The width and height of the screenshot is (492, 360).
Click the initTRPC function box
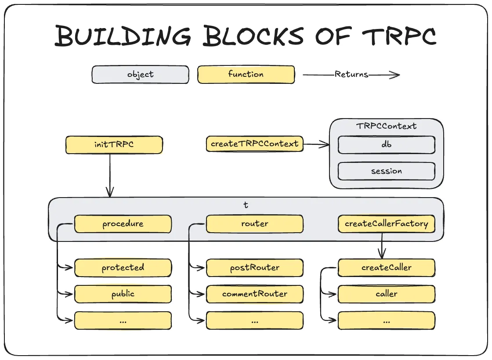(x=114, y=145)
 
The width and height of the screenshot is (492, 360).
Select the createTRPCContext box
(x=255, y=144)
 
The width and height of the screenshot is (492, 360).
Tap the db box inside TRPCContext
(x=387, y=145)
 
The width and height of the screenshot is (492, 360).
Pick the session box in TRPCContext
(x=387, y=171)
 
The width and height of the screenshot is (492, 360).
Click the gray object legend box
(x=141, y=75)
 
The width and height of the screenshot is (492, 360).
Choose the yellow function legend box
(x=246, y=75)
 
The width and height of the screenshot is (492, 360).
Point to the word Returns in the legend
(x=351, y=75)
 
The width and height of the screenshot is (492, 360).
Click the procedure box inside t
(x=123, y=224)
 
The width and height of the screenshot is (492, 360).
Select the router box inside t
(x=255, y=224)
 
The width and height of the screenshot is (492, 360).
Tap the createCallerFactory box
(x=387, y=224)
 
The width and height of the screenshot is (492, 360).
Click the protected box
(x=123, y=268)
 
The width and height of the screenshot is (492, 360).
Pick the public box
(x=123, y=294)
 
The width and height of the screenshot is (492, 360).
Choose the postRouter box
(x=255, y=268)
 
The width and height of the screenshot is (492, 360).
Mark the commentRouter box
(x=255, y=294)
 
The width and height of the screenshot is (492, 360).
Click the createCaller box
(x=387, y=268)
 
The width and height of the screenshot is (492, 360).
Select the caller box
(x=387, y=294)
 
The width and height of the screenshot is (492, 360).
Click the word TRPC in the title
(x=389, y=36)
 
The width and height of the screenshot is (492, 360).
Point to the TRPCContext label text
(x=387, y=126)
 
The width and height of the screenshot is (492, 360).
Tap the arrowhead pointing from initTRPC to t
(x=110, y=192)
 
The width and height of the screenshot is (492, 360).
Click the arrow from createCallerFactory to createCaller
(x=382, y=246)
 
